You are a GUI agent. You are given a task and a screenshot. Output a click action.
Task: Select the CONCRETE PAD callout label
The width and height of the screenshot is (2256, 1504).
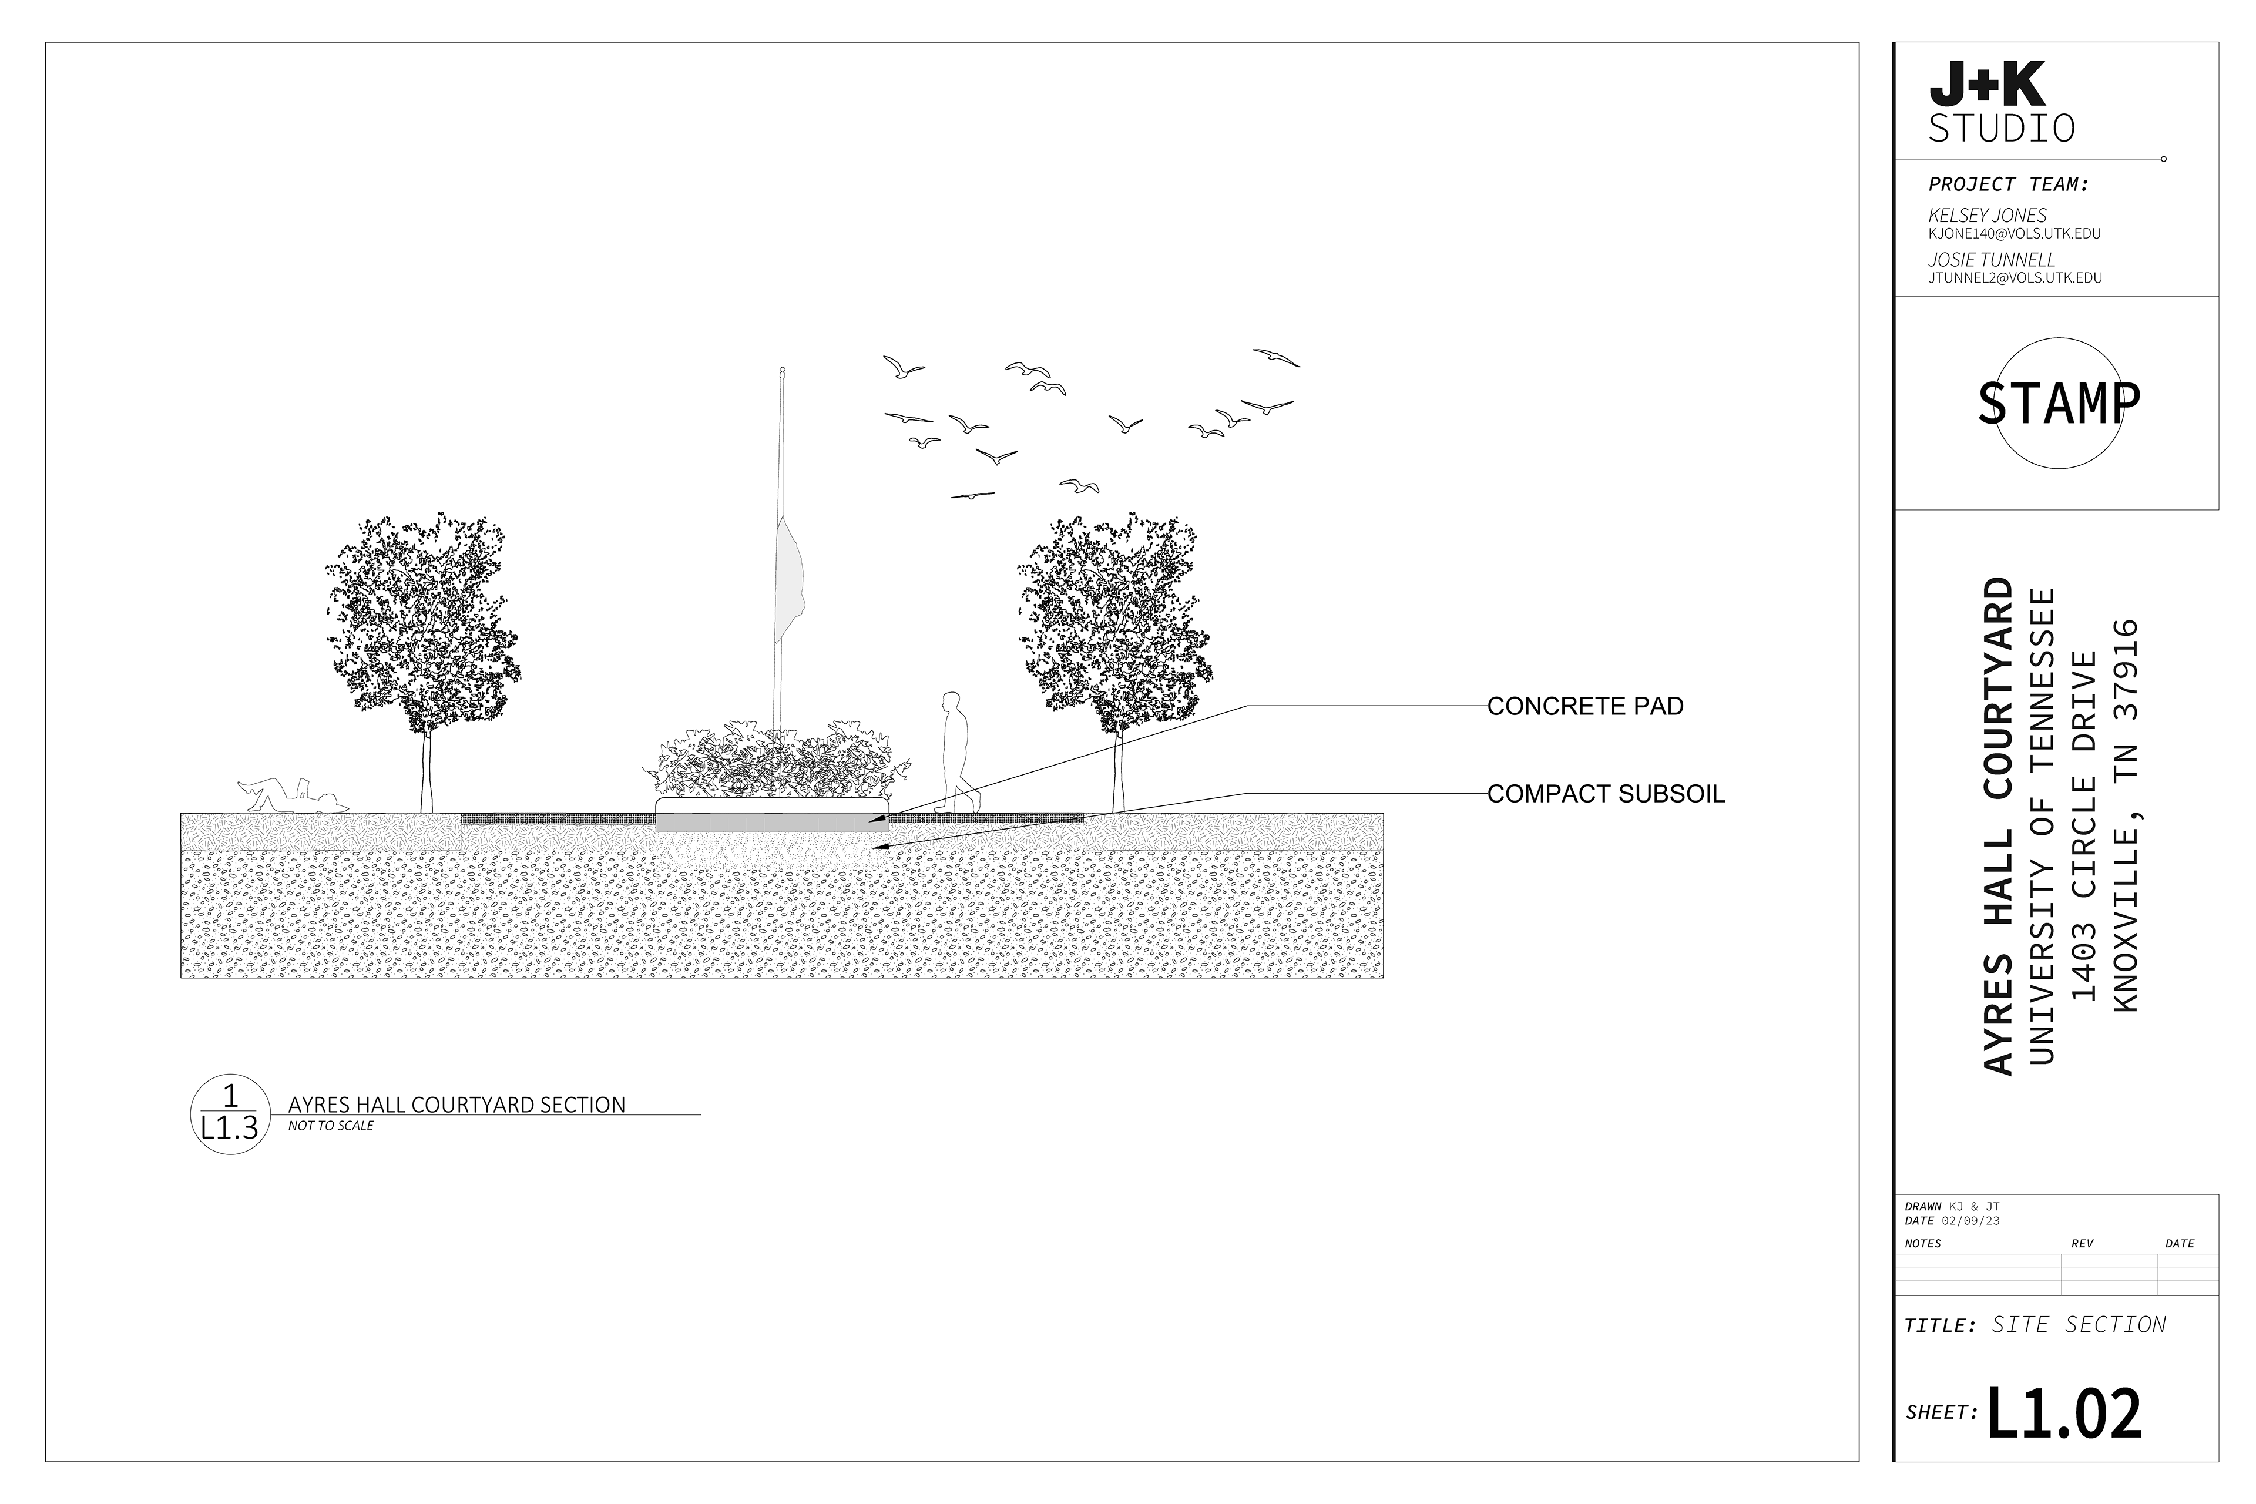[x=1586, y=707]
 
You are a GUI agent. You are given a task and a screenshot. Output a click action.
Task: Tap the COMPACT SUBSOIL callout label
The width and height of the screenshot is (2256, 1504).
[x=1606, y=794]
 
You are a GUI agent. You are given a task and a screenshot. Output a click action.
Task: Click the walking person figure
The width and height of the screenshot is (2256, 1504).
[x=956, y=753]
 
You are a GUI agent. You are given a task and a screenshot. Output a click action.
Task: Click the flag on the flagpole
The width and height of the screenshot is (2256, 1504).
[x=788, y=580]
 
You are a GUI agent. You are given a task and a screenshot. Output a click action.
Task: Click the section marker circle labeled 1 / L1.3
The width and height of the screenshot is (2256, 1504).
[x=229, y=1114]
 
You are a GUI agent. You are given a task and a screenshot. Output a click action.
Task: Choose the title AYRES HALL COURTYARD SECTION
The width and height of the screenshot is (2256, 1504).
[x=456, y=1105]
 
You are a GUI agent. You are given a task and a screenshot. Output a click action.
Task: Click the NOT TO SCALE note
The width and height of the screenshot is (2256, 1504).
[x=331, y=1126]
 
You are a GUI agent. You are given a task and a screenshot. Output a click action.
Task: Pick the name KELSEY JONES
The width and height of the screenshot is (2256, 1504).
[x=1988, y=216]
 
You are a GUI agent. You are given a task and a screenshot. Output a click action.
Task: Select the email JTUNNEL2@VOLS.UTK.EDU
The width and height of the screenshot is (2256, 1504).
[x=2015, y=278]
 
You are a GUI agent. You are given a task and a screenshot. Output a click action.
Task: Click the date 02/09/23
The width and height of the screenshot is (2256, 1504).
[x=1970, y=1221]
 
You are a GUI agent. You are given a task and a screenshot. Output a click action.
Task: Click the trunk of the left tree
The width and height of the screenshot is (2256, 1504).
[x=426, y=772]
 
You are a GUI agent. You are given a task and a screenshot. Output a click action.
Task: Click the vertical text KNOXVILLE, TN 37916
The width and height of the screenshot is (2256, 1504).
[x=2126, y=815]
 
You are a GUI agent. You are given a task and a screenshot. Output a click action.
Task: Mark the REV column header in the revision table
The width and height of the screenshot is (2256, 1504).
[x=2082, y=1244]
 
